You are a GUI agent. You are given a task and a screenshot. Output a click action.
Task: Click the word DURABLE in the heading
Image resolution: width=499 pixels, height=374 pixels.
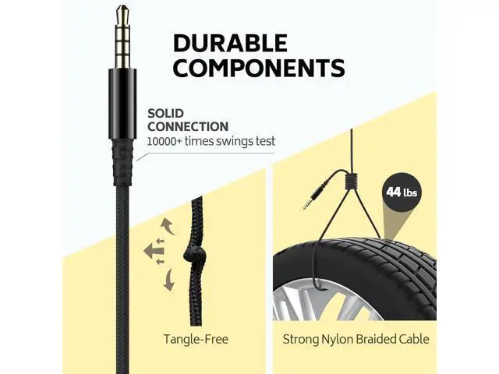[231, 44]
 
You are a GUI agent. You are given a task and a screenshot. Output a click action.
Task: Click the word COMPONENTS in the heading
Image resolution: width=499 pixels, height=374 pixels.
[259, 67]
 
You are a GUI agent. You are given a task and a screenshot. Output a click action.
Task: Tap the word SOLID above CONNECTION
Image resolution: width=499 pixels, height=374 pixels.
[165, 114]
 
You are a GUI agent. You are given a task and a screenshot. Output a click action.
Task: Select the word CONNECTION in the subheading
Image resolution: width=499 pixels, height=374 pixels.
[188, 126]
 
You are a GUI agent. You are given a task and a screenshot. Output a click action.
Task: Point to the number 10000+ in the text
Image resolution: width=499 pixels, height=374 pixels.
[165, 141]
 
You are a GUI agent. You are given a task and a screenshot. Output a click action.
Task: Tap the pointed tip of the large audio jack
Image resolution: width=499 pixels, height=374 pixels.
[122, 7]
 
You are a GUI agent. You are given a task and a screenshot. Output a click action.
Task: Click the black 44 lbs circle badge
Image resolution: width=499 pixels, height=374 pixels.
[402, 192]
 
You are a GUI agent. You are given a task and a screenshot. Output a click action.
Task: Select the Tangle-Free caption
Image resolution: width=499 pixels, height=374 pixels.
[196, 339]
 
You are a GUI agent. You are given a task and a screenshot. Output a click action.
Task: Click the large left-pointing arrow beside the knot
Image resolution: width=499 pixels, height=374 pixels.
[154, 251]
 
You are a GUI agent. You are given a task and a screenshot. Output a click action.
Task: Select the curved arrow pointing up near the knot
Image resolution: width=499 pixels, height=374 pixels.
[168, 226]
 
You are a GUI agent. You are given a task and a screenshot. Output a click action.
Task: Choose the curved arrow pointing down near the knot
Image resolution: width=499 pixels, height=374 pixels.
[168, 280]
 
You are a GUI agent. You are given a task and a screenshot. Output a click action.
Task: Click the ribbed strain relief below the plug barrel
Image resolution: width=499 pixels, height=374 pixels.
[122, 162]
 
